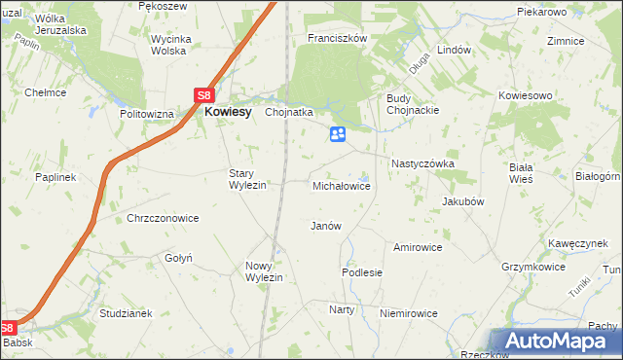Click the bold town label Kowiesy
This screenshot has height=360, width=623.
pos(228,112)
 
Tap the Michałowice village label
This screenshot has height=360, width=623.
pos(341,185)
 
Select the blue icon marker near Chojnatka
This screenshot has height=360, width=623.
pos(338,135)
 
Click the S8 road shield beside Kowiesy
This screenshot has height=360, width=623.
pos(203,95)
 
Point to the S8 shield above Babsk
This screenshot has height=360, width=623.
pos(8,328)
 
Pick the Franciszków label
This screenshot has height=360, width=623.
pos(336,38)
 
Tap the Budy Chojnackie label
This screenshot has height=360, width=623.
pos(414,104)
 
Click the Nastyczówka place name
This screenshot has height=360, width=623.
pos(422,164)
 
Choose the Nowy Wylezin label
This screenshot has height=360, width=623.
pos(264,271)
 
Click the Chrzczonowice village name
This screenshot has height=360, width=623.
pos(163,219)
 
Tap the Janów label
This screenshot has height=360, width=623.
pos(325,226)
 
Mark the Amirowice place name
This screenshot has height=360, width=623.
pos(418,247)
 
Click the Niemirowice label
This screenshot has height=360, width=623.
pos(409,313)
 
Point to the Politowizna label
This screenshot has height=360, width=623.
pos(146,114)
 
